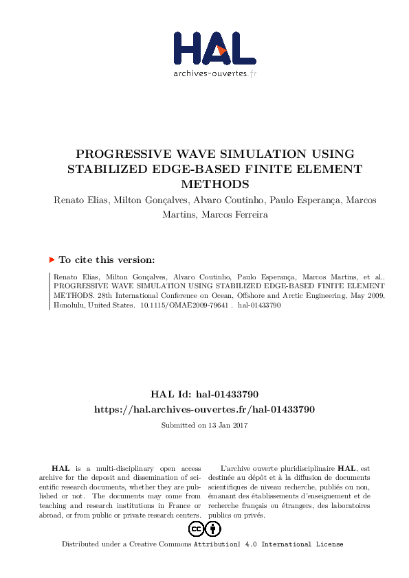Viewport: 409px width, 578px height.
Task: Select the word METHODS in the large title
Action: (x=204, y=184)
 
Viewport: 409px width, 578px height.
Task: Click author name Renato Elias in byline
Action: (x=78, y=200)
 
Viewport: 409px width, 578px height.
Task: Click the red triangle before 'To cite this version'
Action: (x=52, y=260)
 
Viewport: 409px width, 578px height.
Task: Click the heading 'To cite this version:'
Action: (x=107, y=260)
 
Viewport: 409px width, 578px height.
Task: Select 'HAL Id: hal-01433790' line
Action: (x=204, y=394)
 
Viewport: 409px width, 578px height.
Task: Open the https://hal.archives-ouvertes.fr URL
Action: (x=204, y=409)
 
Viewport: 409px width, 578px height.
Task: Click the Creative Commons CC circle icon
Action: (x=196, y=529)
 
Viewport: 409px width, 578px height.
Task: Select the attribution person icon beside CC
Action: (x=214, y=529)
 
